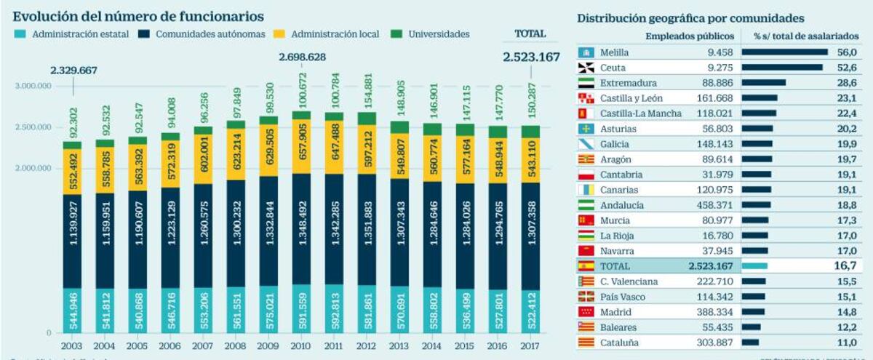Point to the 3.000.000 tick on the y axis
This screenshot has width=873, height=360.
33,86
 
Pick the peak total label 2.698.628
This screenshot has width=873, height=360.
301,56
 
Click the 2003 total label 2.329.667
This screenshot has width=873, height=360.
73,70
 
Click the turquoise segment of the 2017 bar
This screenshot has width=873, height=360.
530,309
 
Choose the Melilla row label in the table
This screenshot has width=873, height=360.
615,52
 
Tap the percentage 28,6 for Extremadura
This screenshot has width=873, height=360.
844,83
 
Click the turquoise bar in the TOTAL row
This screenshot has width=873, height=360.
754,266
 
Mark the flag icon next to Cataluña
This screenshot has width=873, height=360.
586,342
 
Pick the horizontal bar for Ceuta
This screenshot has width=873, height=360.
781,68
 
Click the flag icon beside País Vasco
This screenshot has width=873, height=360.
586,297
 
